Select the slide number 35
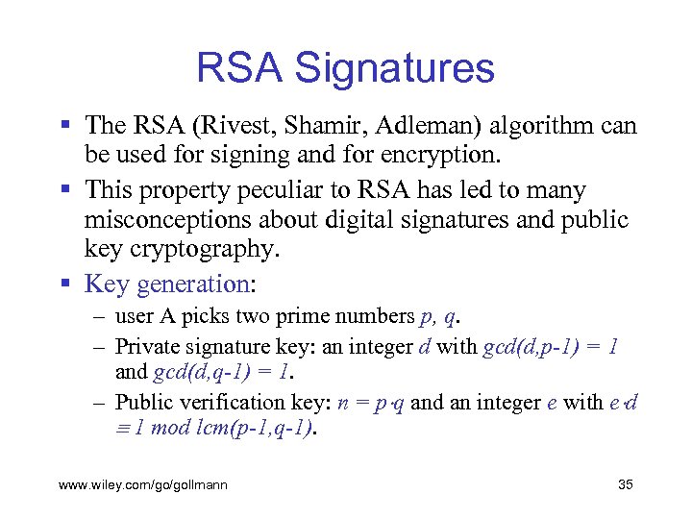pos(625,484)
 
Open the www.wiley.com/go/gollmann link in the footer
pos(143,485)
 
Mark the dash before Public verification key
pos(98,403)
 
